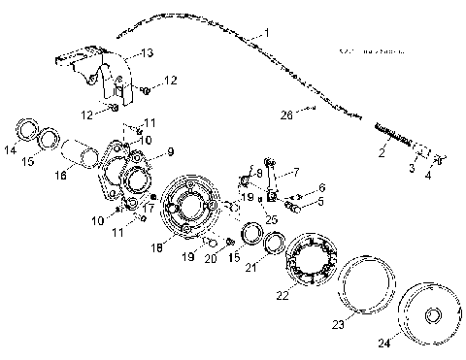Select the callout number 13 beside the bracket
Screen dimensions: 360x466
coord(146,53)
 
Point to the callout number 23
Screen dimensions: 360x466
coord(337,326)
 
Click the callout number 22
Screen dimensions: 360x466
coord(282,294)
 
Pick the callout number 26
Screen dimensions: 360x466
coord(285,115)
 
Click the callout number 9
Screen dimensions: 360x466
coord(169,151)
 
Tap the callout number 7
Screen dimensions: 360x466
coord(296,172)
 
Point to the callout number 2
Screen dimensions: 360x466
coord(381,151)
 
